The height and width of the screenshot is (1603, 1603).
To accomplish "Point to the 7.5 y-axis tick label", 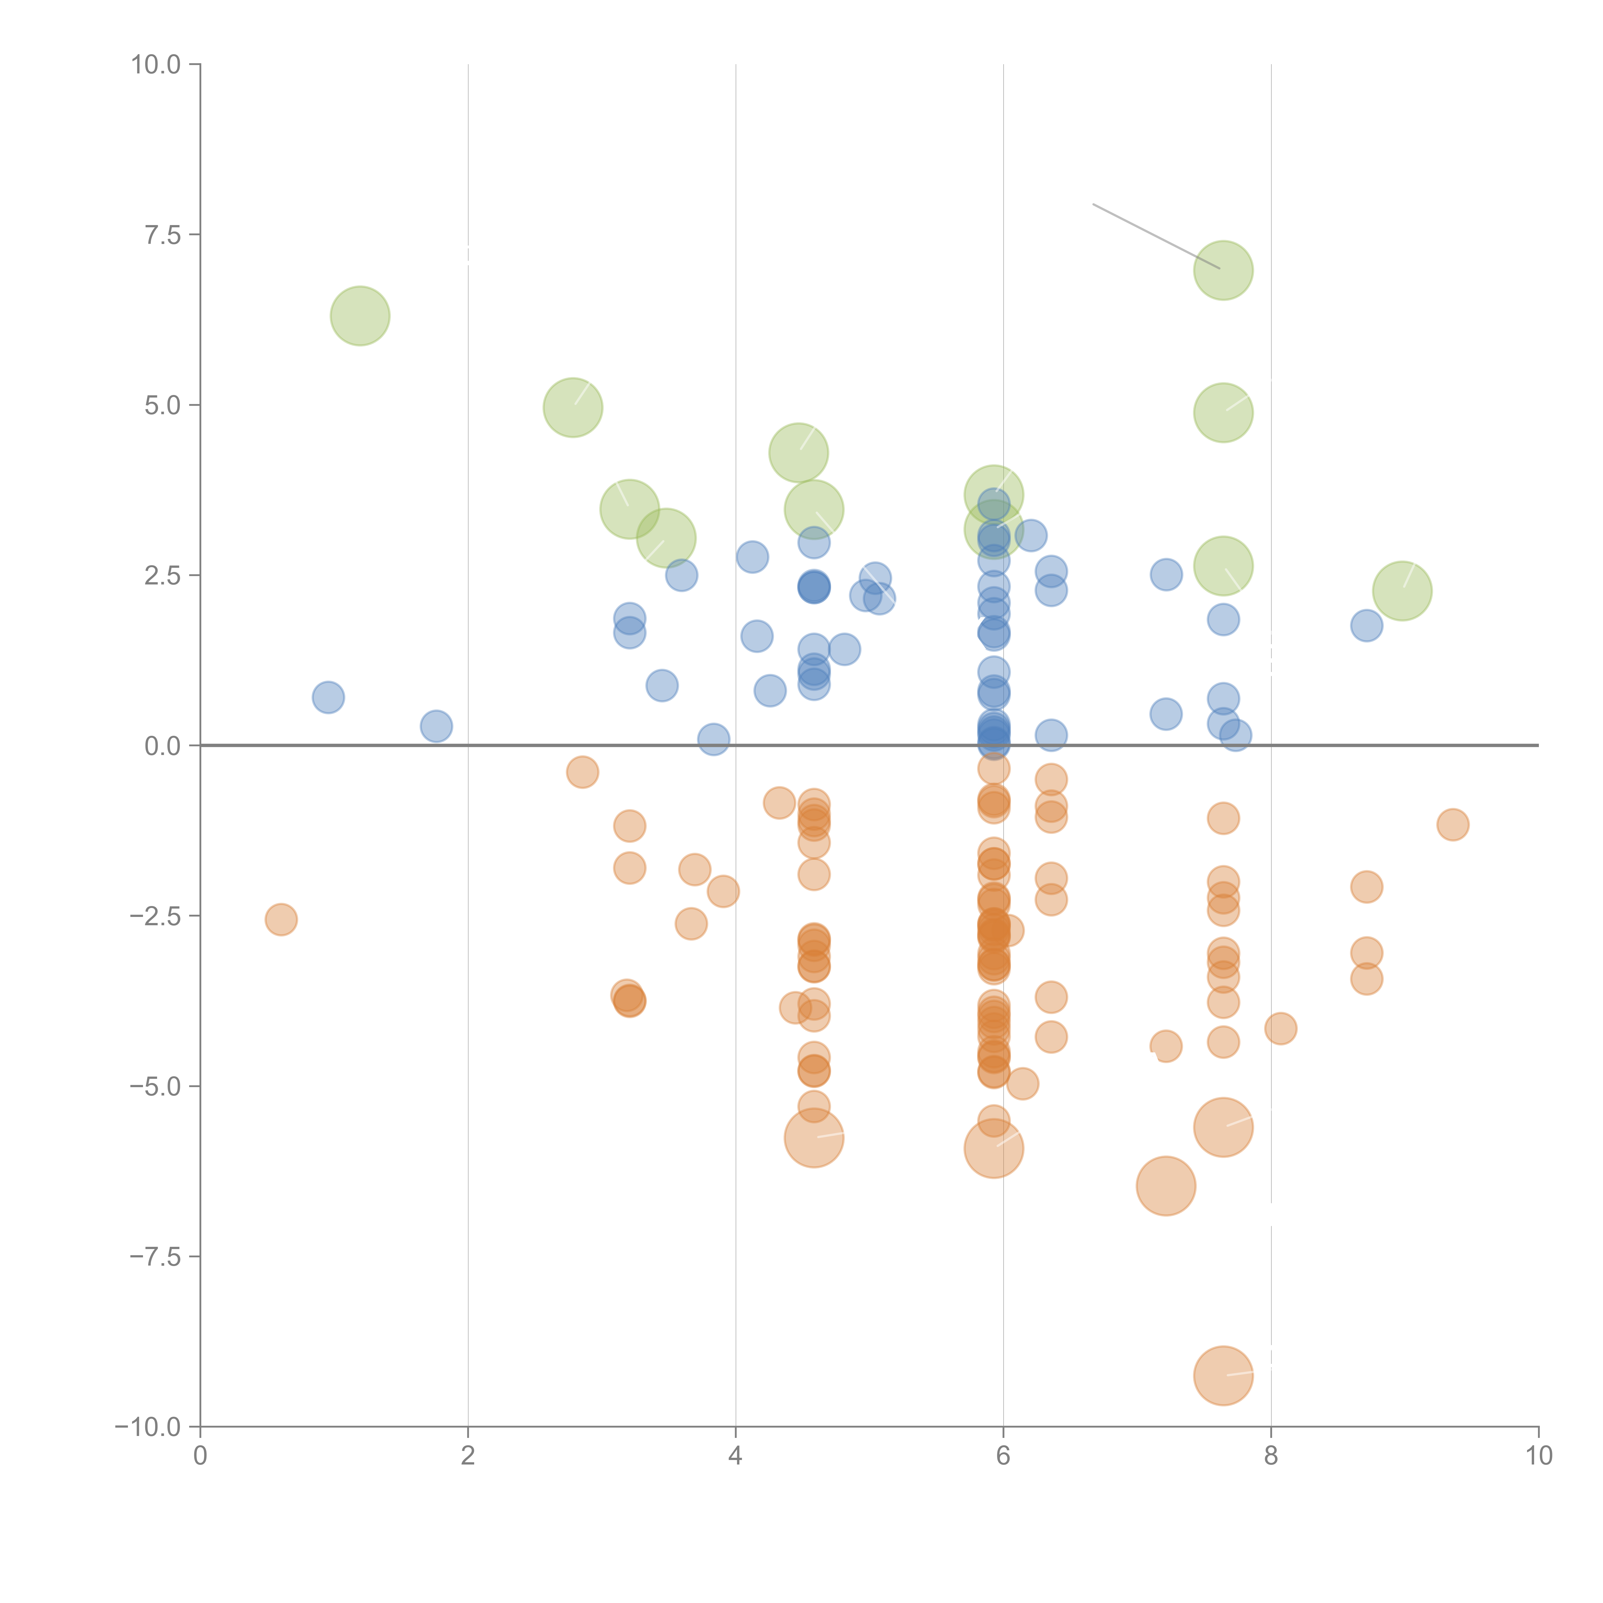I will tap(162, 235).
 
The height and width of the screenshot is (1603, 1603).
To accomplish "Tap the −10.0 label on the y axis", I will tap(148, 1427).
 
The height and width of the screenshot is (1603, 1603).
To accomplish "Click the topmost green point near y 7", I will tap(1223, 271).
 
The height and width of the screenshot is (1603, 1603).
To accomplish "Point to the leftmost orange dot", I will tap(281, 919).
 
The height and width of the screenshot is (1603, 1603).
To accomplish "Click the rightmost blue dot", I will tap(1366, 625).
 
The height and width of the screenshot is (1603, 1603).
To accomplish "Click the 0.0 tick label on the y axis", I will tap(162, 746).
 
